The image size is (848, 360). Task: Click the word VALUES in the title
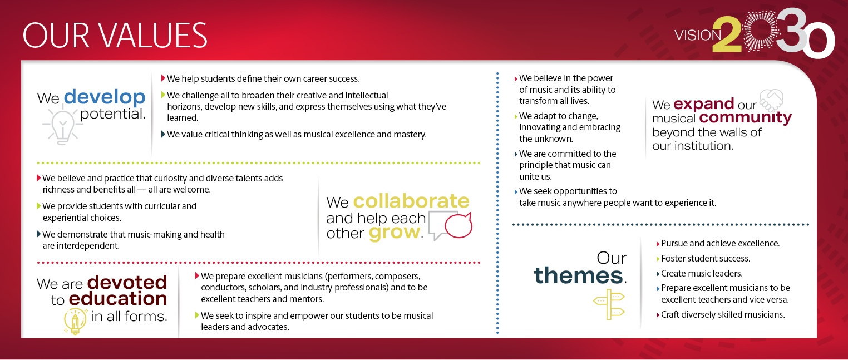pos(154,35)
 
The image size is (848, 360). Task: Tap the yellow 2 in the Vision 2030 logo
pos(727,34)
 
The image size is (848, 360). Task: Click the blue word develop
pos(105,98)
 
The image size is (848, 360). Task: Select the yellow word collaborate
pos(411,201)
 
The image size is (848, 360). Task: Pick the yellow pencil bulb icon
pos(75,321)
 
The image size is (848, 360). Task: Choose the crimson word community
pos(746,117)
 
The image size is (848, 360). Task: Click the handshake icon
pos(772,100)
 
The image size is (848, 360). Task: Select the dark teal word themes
pos(579,275)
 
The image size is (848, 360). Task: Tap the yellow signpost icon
pos(609,304)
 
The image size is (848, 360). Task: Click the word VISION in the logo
pos(698,36)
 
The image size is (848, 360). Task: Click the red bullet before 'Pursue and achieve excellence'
pos(658,244)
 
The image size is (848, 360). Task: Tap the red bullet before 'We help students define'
pos(163,78)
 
